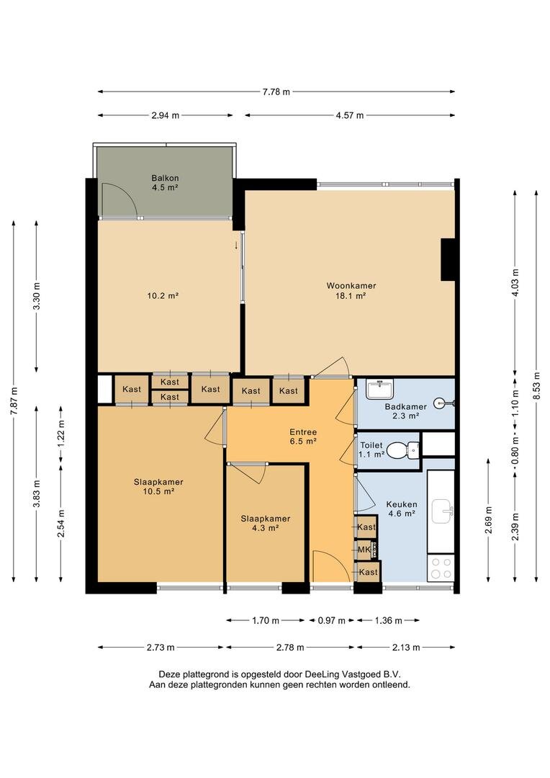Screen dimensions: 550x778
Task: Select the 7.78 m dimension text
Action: (x=276, y=91)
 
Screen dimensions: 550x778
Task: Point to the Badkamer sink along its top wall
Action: (x=380, y=389)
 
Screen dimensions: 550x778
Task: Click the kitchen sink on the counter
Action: (x=443, y=511)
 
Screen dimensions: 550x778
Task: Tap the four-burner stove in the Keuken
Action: (x=441, y=568)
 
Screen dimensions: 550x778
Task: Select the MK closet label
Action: (x=364, y=550)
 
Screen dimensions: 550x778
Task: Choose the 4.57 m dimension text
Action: (x=350, y=115)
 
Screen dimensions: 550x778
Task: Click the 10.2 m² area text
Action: (x=163, y=296)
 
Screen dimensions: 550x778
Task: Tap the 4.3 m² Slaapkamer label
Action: (x=266, y=524)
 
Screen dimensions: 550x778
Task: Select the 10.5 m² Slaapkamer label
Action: (x=158, y=487)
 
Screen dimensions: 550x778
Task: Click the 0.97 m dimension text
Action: (x=331, y=620)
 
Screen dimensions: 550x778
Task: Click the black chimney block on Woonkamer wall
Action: (x=448, y=259)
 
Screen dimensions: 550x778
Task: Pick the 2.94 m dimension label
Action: (x=165, y=115)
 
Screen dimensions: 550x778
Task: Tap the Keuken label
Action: (x=402, y=504)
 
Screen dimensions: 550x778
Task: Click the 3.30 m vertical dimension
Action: (x=36, y=296)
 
